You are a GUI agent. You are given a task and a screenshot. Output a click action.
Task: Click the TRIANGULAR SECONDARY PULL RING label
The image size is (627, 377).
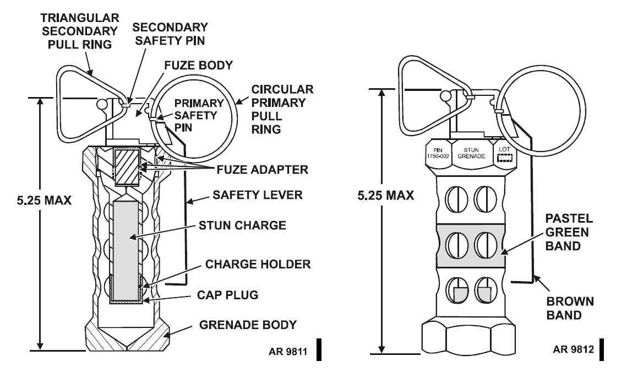click(x=80, y=31)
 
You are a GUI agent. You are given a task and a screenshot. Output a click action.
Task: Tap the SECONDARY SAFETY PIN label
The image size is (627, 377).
click(x=170, y=34)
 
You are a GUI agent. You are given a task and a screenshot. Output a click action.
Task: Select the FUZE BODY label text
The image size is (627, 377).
click(x=198, y=65)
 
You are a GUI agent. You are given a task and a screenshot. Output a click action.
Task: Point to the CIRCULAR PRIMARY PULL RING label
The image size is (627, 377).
click(x=282, y=109)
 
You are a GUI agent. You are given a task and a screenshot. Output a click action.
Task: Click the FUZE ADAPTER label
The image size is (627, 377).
click(x=263, y=170)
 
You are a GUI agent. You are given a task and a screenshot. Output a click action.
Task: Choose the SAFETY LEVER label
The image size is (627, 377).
click(x=258, y=195)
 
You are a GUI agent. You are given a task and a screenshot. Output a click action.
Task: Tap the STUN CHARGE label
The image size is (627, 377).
click(x=242, y=225)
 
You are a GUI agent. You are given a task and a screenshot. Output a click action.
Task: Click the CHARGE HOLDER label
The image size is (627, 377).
click(x=258, y=264)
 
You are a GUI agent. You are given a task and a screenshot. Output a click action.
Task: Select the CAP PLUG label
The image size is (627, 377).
click(x=227, y=295)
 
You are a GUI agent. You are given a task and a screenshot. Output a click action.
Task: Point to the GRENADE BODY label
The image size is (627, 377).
click(x=248, y=325)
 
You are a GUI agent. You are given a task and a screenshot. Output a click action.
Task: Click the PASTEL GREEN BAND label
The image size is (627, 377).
click(x=569, y=232)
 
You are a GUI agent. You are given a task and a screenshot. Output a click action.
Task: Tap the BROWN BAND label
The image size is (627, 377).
click(x=570, y=308)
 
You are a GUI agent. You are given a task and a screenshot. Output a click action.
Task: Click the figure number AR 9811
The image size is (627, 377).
click(x=288, y=352)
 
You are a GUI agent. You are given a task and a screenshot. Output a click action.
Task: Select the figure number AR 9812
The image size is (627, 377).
click(x=574, y=349)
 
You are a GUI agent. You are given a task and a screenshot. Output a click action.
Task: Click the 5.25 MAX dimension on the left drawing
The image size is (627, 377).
click(x=44, y=200)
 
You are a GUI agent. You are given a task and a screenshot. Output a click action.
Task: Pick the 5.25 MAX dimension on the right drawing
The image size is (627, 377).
click(x=386, y=195)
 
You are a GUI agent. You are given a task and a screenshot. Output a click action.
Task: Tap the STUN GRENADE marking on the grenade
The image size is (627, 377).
click(x=471, y=153)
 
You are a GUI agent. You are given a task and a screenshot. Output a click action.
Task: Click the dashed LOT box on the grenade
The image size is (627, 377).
click(x=505, y=159)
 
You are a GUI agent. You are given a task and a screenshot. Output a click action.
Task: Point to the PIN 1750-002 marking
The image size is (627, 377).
click(x=438, y=154)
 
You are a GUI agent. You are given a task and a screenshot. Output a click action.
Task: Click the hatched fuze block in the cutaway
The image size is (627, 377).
click(x=127, y=166)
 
